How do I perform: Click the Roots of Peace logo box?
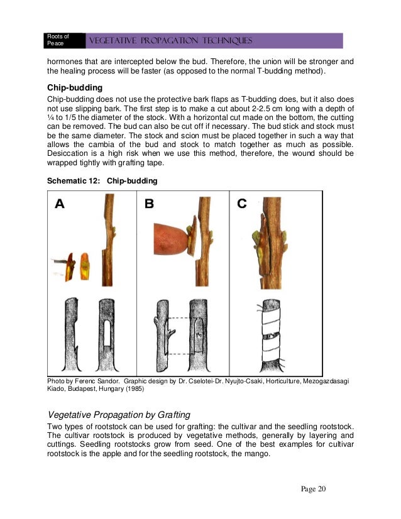pos(62,40)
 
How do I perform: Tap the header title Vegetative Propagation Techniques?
pos(172,41)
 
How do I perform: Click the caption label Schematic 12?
pos(72,181)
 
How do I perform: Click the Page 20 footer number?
pos(310,489)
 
